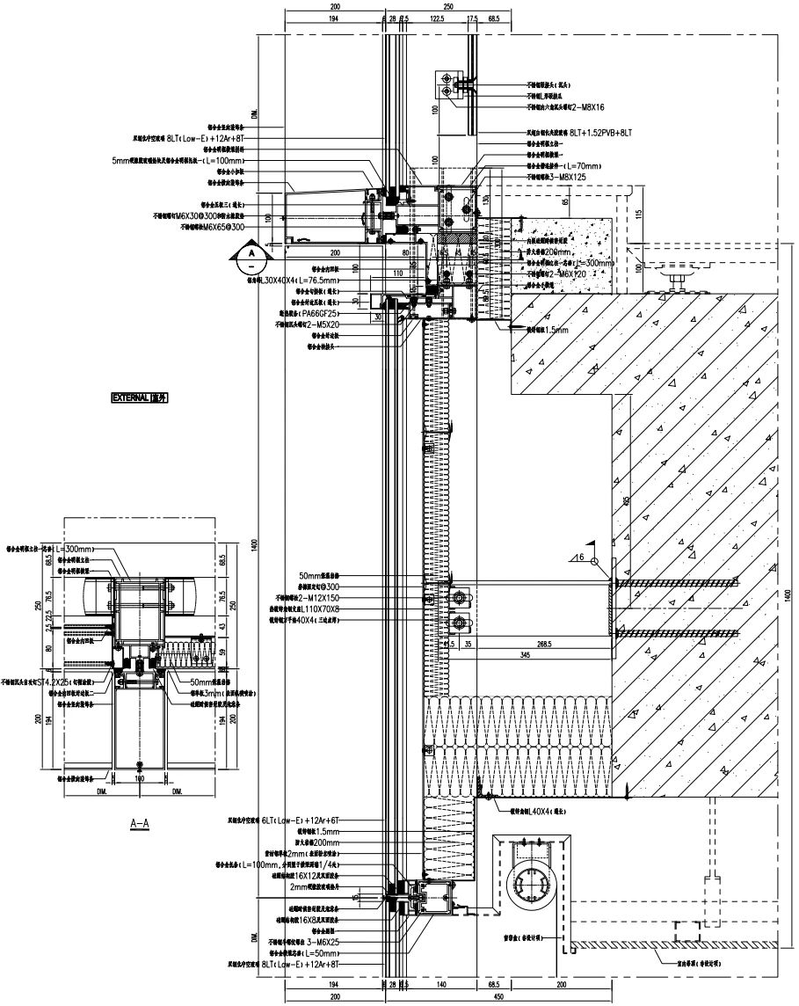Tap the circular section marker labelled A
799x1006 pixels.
(x=251, y=255)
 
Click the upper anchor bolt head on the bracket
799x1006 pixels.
(x=459, y=597)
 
